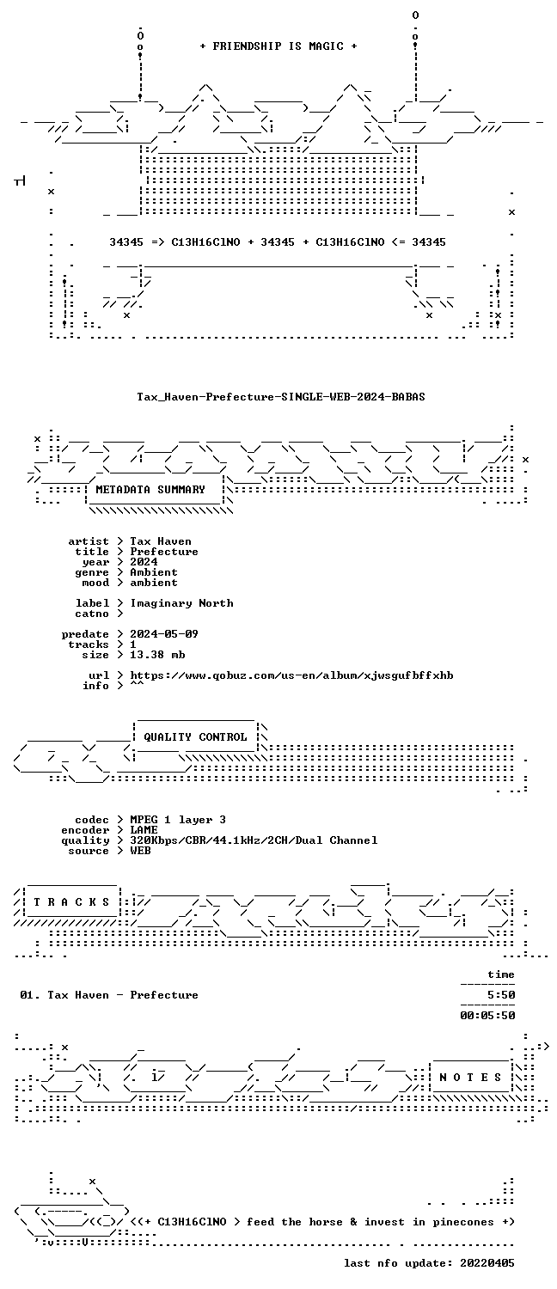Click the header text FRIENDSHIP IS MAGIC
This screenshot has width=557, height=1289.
tap(278, 46)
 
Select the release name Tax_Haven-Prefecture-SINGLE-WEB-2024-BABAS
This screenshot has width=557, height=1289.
tap(281, 396)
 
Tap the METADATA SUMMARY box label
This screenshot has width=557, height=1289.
tap(150, 490)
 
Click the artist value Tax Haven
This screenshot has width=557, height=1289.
tap(161, 541)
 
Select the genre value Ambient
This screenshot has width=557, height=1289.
tap(154, 572)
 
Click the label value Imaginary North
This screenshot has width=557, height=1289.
tap(182, 603)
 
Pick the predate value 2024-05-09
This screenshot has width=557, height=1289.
tap(164, 634)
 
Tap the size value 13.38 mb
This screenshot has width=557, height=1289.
tap(157, 655)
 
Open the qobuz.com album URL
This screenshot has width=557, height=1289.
tap(291, 675)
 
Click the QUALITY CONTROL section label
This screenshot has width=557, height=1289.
tap(195, 737)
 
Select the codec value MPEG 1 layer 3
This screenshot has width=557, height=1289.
tap(178, 820)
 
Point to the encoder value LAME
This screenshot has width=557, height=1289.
tap(144, 830)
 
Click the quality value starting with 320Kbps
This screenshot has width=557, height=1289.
tap(254, 840)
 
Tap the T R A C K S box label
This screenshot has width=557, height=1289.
tap(71, 902)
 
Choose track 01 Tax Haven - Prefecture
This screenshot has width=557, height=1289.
tap(109, 995)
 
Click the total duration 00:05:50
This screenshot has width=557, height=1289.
tap(487, 1016)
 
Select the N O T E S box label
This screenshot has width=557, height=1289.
tap(470, 1078)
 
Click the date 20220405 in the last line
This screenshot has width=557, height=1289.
tap(487, 1263)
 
